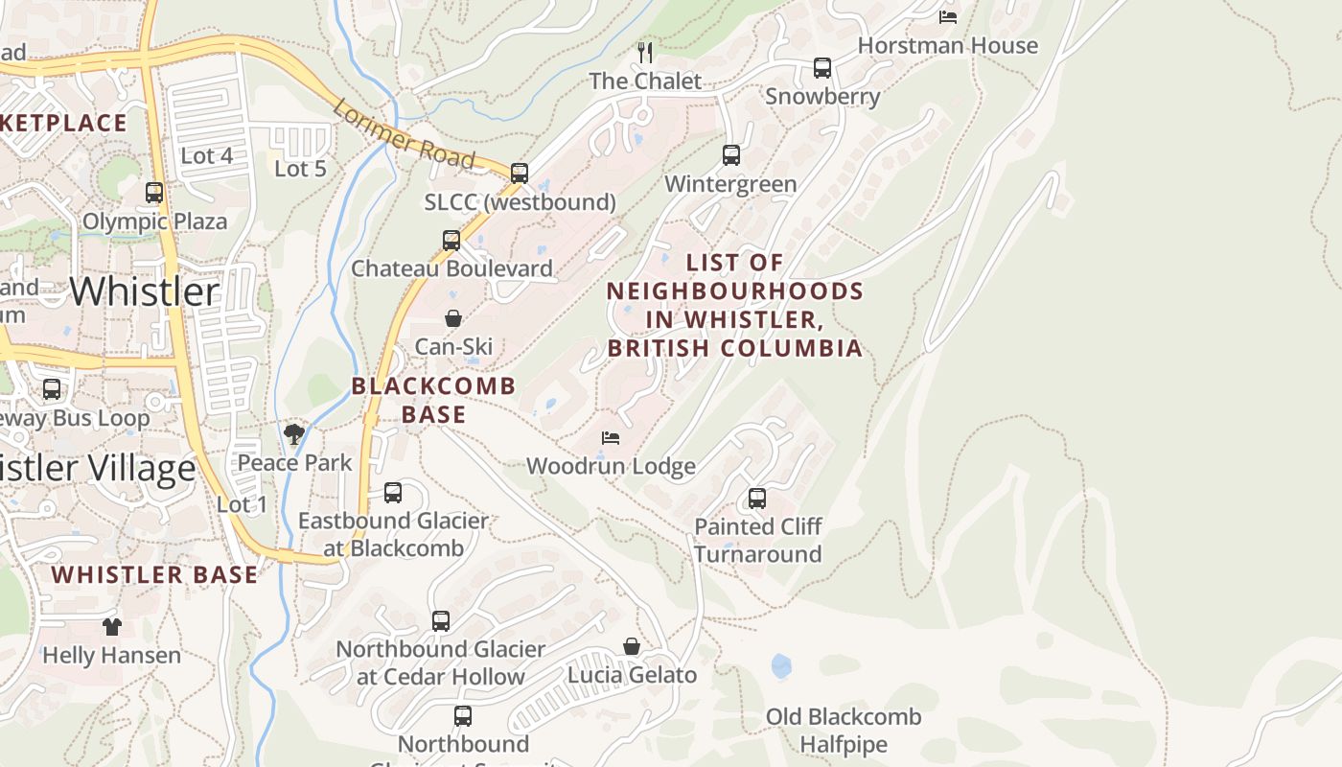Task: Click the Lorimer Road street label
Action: point(404,134)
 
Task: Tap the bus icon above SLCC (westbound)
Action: point(519,174)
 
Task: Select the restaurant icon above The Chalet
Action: point(645,52)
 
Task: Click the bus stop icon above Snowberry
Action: point(821,68)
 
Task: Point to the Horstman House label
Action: point(947,46)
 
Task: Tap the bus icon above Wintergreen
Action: point(730,155)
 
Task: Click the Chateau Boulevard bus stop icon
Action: point(451,241)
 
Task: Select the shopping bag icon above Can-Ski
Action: point(452,318)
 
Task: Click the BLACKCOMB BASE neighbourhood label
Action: point(433,400)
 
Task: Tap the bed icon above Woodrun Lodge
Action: point(611,438)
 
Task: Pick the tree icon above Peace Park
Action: point(294,434)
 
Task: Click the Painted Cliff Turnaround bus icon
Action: point(757,499)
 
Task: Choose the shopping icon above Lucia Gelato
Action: point(632,646)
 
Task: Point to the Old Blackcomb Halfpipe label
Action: point(844,731)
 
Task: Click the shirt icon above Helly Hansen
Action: point(112,627)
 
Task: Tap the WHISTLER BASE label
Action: point(154,575)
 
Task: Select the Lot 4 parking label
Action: point(206,155)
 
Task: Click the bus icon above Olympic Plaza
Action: point(154,193)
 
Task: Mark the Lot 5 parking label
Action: point(300,169)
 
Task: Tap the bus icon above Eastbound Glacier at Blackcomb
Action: point(393,493)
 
